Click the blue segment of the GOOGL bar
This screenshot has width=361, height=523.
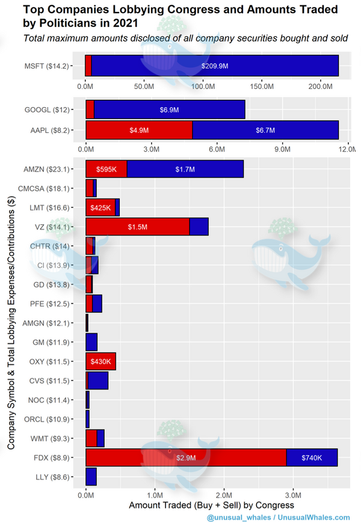[x=169, y=110]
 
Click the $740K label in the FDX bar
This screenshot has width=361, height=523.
[x=311, y=457]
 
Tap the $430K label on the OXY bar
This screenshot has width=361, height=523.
[x=100, y=361]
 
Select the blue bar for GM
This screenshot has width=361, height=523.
[x=91, y=342]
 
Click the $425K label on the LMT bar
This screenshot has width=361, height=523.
[x=100, y=207]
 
